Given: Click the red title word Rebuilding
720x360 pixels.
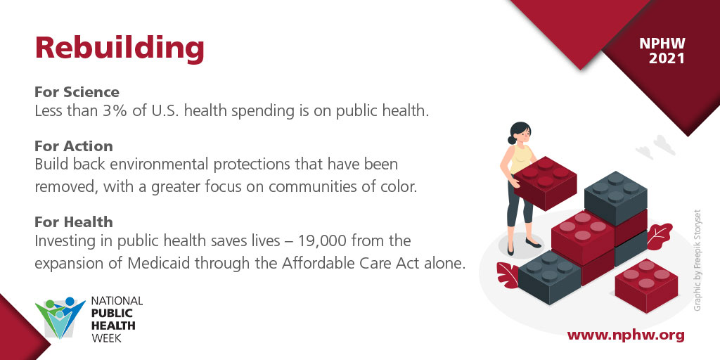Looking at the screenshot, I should [120, 48].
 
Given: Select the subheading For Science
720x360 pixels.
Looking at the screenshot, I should [77, 92].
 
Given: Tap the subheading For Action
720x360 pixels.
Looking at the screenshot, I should [73, 146].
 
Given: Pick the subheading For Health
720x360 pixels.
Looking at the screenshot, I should [73, 222].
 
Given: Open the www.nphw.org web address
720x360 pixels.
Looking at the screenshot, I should [625, 335].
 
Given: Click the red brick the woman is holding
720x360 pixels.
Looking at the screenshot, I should [546, 181].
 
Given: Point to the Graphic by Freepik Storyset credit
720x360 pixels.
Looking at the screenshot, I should [697, 260].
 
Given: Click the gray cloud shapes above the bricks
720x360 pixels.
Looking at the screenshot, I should [655, 146].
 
